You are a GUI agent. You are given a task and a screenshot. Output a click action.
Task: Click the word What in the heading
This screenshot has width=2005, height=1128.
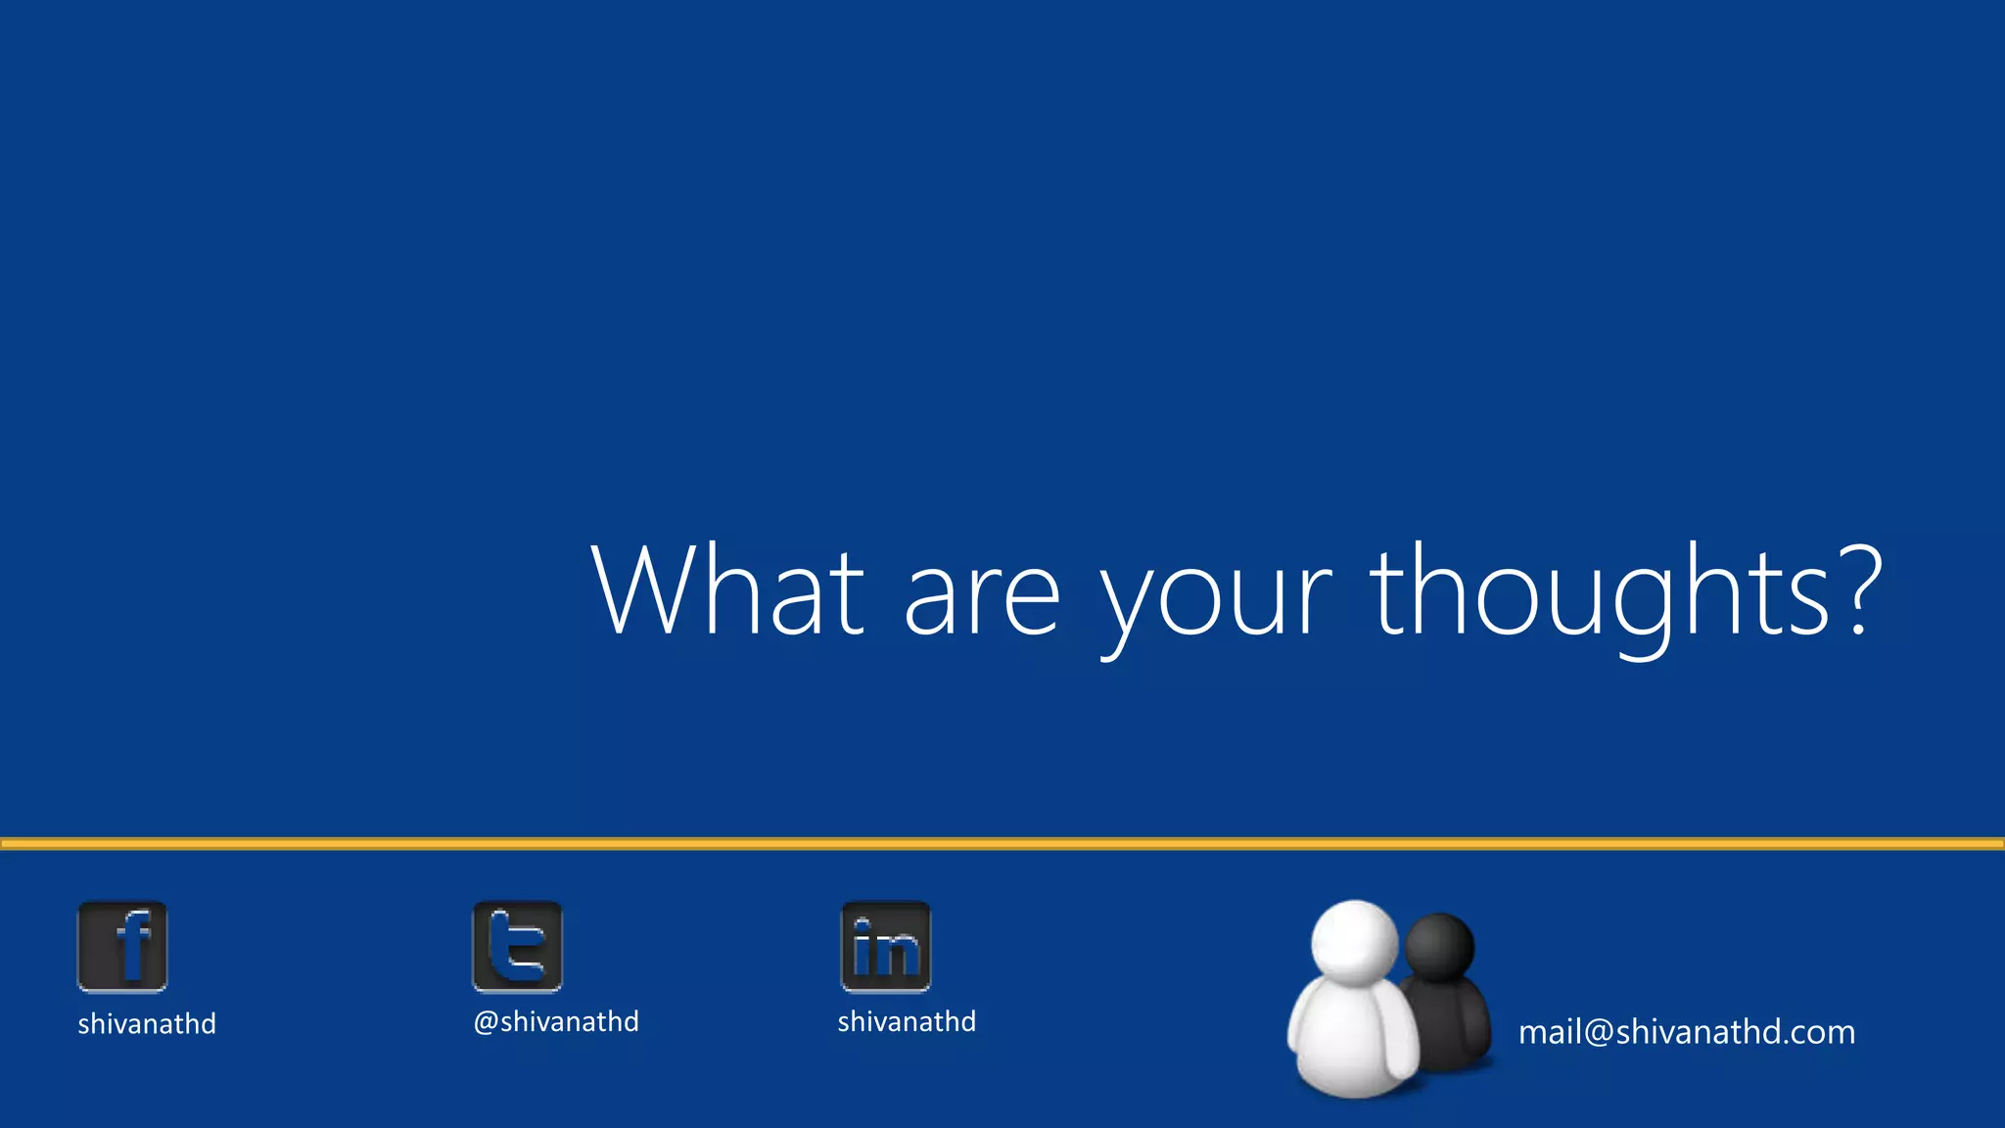point(727,590)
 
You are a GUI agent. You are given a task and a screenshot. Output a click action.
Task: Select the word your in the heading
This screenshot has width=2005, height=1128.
point(1215,599)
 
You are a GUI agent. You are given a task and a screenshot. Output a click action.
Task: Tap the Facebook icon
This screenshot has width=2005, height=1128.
point(122,947)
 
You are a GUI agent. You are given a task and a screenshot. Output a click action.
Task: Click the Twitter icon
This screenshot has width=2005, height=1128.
point(518,947)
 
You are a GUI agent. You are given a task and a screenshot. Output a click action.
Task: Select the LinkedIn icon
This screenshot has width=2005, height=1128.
point(886,947)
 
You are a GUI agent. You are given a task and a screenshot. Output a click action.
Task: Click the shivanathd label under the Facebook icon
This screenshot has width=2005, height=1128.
point(147,1024)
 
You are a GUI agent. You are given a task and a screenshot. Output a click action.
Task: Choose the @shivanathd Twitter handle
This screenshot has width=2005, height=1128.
point(556,1022)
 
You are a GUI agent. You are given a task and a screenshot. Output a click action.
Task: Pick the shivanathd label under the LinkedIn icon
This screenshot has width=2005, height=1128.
point(907,1022)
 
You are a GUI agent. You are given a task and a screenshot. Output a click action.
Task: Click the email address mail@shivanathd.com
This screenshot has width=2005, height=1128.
point(1687,1032)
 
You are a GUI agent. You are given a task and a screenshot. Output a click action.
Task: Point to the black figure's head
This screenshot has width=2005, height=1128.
point(1440,946)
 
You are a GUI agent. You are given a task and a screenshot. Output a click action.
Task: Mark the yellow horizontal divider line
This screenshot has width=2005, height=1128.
point(1002,843)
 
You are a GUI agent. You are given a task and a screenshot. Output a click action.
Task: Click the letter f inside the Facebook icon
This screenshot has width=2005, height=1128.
point(133,945)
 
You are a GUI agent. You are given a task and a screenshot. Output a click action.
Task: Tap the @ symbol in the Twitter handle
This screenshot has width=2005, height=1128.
point(486,1022)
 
